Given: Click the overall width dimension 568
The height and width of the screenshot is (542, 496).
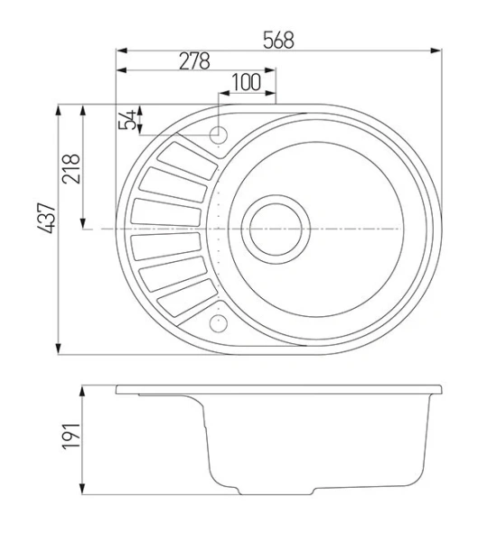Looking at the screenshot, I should (278, 41).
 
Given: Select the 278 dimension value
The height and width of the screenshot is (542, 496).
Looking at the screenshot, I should (193, 61).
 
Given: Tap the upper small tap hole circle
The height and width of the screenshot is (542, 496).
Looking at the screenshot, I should (218, 135).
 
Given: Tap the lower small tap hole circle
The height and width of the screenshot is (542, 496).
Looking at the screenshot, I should (218, 322).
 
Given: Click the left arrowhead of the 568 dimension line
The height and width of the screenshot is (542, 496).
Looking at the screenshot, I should (120, 51).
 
